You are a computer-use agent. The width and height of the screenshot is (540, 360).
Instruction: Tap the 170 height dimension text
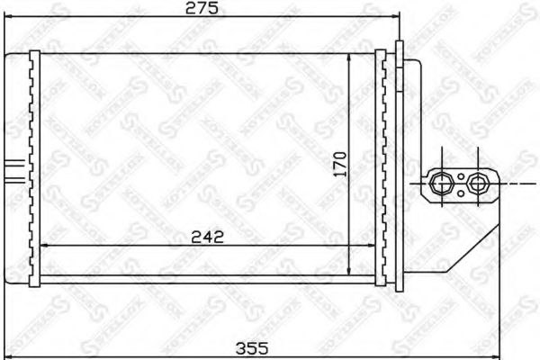point(339,165)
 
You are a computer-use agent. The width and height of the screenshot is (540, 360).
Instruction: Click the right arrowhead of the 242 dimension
point(373,246)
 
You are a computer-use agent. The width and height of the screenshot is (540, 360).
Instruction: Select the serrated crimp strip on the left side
point(35,166)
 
